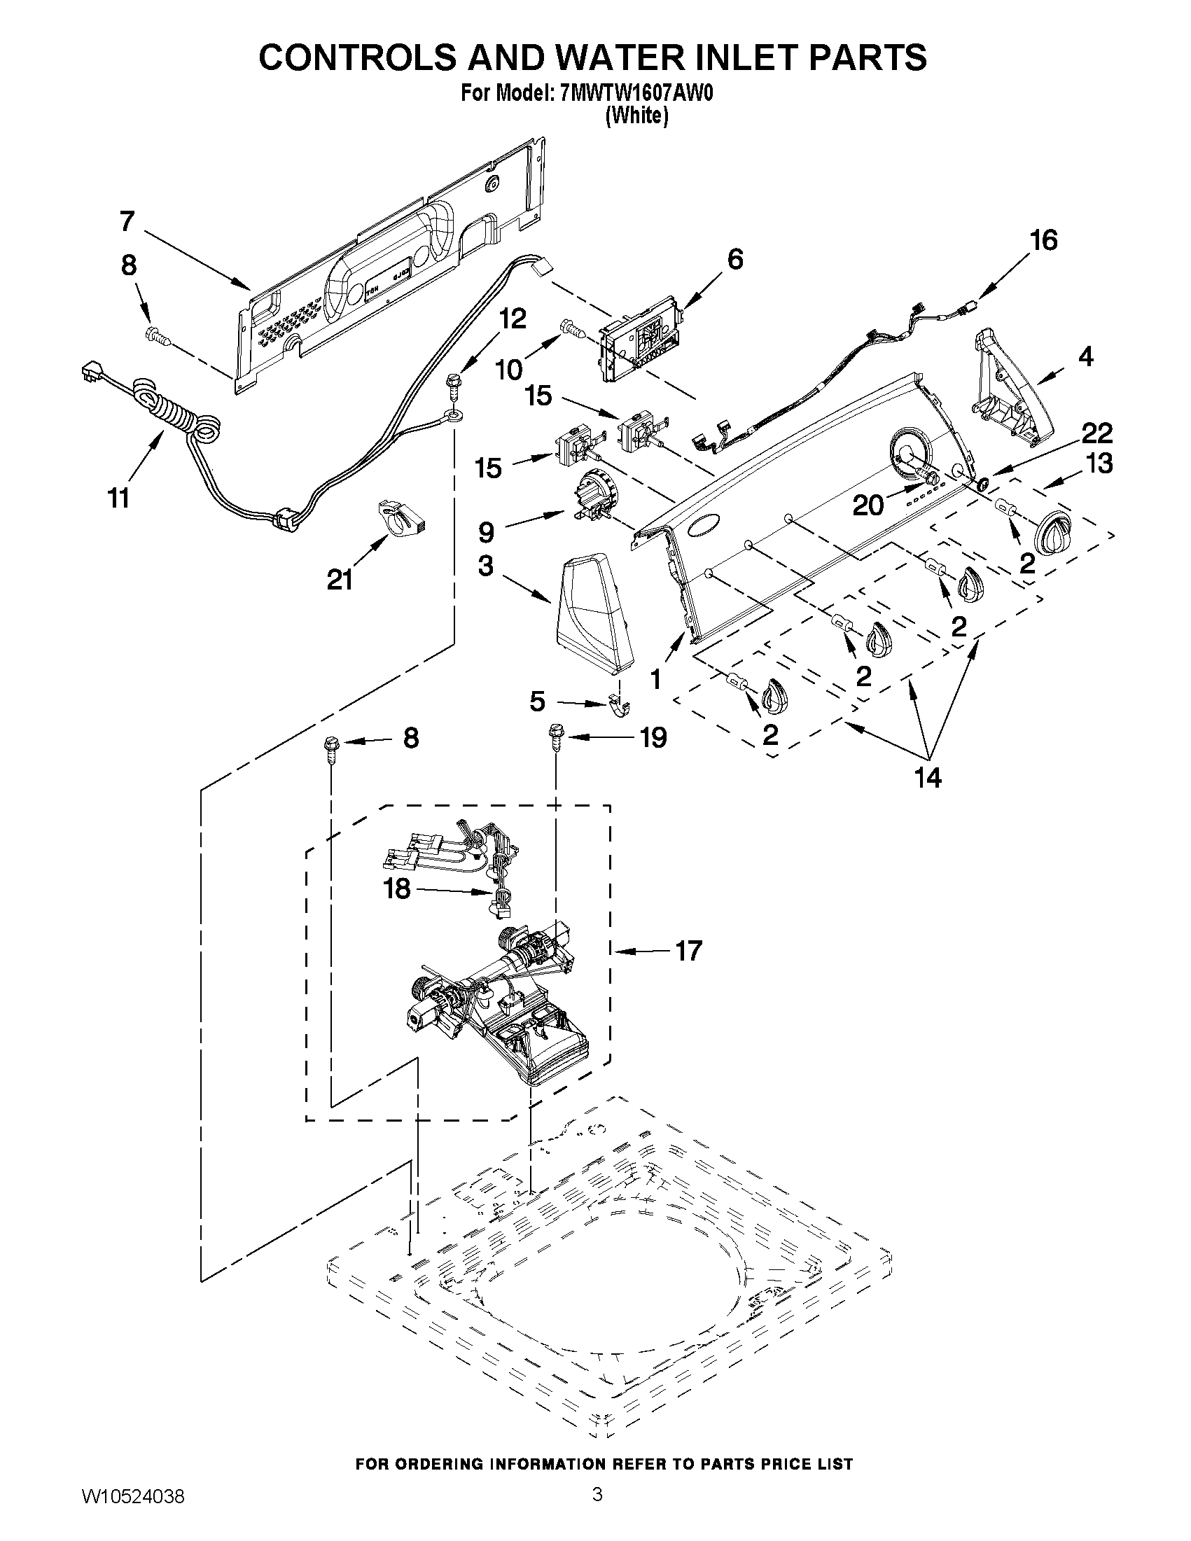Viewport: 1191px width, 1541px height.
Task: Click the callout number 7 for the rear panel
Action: coord(126,221)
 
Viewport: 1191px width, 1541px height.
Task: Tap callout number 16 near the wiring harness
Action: coord(1044,241)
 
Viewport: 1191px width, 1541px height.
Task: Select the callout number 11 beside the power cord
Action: coord(118,498)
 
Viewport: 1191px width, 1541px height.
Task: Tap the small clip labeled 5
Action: coord(620,706)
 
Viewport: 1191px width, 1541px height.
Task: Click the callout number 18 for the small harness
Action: coord(397,889)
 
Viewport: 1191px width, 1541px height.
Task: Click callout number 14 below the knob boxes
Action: coord(928,778)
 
